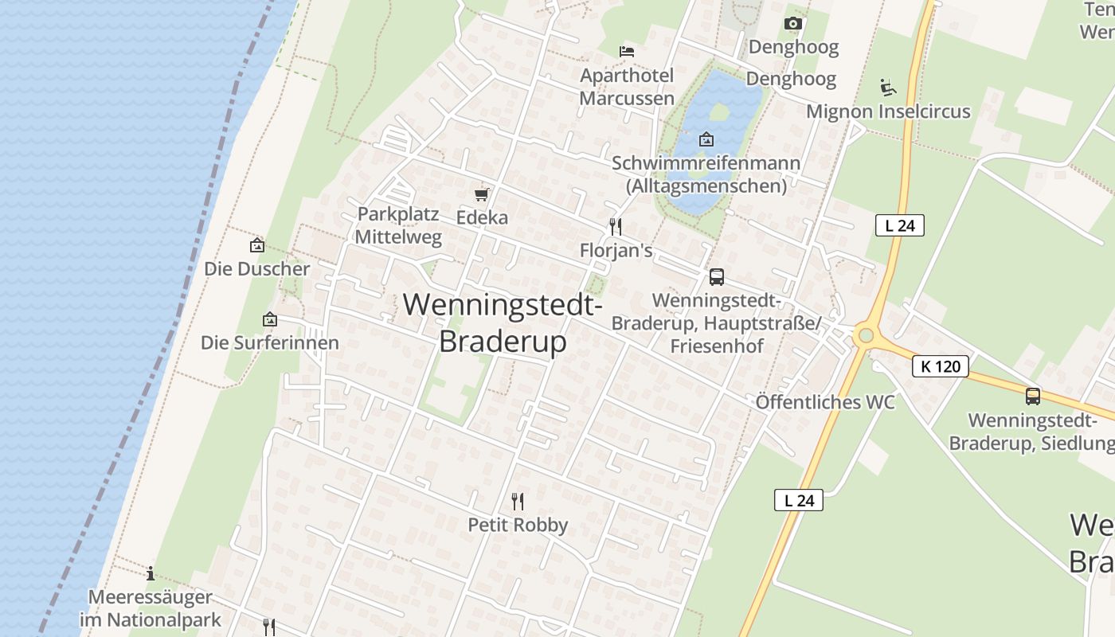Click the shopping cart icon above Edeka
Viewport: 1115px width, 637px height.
click(481, 194)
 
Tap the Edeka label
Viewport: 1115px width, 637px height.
click(482, 217)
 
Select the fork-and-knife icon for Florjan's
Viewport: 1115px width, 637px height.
click(615, 227)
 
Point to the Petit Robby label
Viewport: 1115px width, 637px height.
click(518, 525)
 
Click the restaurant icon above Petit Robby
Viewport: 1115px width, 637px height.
click(518, 501)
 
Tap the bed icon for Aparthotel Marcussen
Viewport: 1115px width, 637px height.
click(627, 52)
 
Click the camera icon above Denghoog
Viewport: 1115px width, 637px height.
click(792, 23)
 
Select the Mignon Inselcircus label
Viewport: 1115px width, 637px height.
click(888, 111)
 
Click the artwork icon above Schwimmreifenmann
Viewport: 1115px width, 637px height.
click(706, 140)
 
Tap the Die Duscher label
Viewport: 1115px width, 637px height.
click(256, 268)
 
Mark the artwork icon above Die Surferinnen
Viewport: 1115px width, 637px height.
click(270, 319)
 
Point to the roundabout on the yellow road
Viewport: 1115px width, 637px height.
click(866, 336)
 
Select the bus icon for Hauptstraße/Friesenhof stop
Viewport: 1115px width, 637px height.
click(716, 277)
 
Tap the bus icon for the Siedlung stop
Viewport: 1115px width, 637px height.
click(1033, 396)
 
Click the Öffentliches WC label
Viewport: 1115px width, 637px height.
click(825, 402)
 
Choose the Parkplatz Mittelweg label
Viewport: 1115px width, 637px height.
click(397, 225)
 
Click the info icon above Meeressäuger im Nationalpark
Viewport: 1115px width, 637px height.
click(151, 573)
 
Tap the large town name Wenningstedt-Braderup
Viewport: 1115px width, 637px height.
click(503, 322)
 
